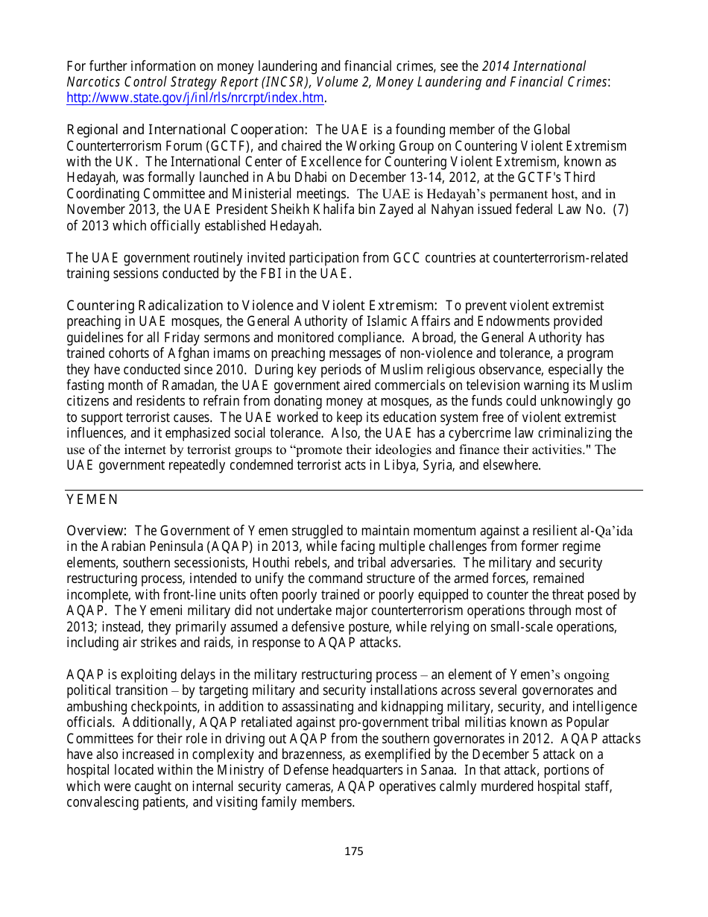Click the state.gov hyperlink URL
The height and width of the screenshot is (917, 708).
[x=195, y=98]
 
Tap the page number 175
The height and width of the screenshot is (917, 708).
[x=353, y=851]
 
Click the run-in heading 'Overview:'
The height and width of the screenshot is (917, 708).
[x=97, y=531]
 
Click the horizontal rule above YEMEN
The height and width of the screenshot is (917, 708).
[x=354, y=490]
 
